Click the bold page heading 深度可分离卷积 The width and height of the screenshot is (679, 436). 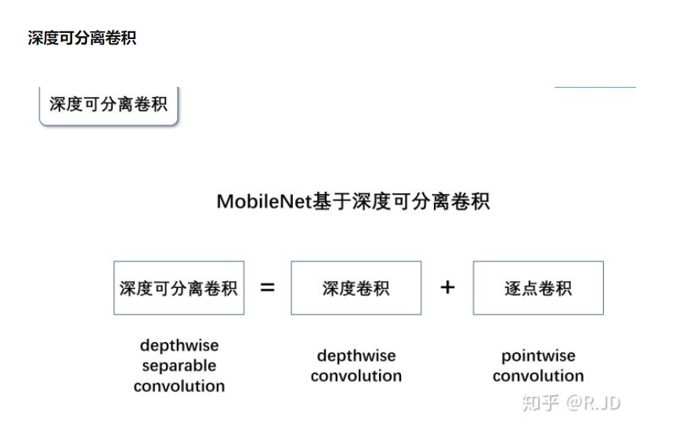[x=82, y=38]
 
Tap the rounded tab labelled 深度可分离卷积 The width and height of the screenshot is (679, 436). [x=109, y=104]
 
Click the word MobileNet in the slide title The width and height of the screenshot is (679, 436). [x=264, y=201]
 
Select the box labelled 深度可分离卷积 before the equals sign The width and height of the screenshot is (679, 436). [x=179, y=288]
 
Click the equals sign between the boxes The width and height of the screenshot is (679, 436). [x=268, y=287]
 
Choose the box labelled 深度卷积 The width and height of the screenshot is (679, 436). [x=356, y=288]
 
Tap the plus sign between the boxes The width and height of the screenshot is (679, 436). [x=447, y=287]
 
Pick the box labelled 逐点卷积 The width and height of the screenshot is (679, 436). [x=538, y=288]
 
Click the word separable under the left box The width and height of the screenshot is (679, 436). [x=179, y=366]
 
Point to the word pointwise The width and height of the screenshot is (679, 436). [x=538, y=356]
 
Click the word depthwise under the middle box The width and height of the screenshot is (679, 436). [x=356, y=356]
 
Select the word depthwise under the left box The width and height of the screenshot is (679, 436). [x=179, y=345]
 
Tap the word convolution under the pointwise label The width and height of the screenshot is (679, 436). [x=538, y=376]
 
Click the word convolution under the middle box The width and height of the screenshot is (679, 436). [x=356, y=376]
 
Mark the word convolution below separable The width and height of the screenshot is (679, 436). [x=179, y=386]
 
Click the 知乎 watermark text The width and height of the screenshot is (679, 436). [x=540, y=403]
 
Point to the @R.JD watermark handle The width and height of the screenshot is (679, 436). [x=593, y=403]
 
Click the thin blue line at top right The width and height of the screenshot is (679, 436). [x=595, y=87]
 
